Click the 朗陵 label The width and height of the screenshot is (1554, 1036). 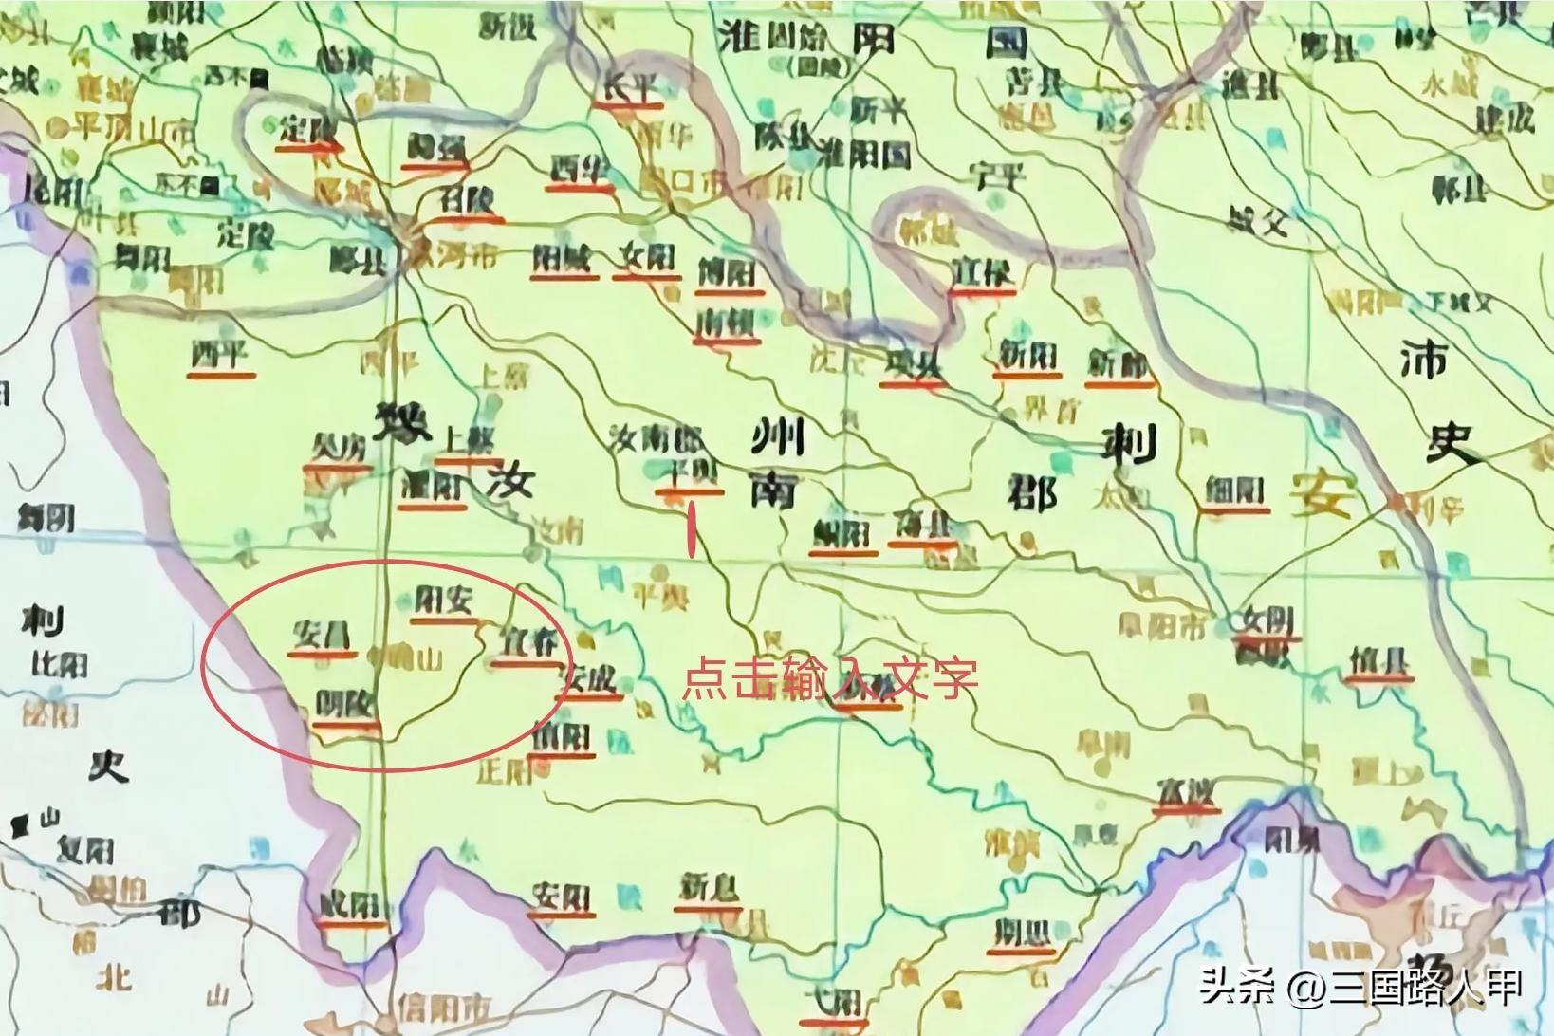pyautogui.click(x=346, y=706)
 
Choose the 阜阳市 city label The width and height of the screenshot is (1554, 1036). pyautogui.click(x=1164, y=627)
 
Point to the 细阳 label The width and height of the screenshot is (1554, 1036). pyautogui.click(x=1233, y=490)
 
